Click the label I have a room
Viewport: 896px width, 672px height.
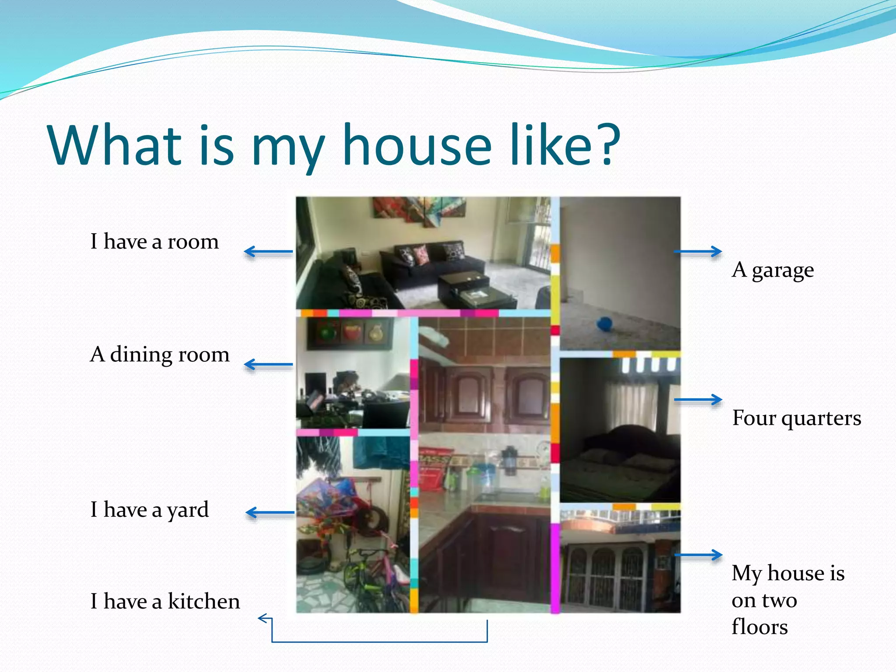coord(154,241)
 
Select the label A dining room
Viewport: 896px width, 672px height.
coord(160,354)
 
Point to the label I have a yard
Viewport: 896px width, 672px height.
coord(150,510)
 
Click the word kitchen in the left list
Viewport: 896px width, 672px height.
coord(204,601)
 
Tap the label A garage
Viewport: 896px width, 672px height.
coord(773,270)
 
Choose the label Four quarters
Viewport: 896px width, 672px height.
coord(796,418)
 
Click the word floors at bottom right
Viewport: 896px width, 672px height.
coord(759,626)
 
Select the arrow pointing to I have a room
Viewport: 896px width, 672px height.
coord(268,252)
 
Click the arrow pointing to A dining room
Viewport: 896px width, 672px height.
coord(268,364)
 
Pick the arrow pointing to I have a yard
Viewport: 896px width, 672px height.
coord(270,512)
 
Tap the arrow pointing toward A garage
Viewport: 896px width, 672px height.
coord(698,252)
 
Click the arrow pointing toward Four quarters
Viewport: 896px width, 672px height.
coord(698,399)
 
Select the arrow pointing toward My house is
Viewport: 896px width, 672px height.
coord(698,555)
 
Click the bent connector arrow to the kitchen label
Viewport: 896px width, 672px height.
coord(379,641)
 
